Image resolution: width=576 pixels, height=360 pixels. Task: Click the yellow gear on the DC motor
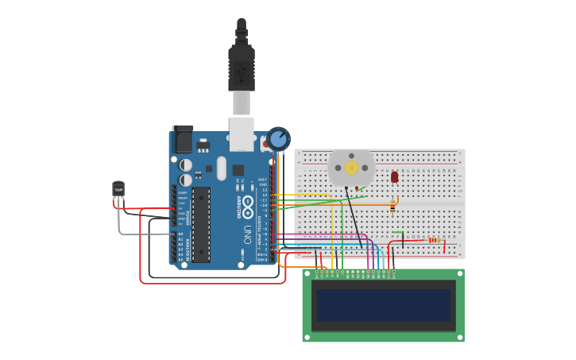tap(351, 168)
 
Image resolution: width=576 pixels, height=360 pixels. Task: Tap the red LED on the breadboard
tap(395, 177)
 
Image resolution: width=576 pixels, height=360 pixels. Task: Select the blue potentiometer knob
tap(278, 139)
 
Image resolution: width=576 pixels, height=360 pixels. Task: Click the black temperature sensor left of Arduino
tap(118, 189)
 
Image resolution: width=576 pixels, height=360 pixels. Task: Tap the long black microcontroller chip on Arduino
tap(201, 224)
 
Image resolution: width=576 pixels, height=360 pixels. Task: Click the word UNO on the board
tap(247, 234)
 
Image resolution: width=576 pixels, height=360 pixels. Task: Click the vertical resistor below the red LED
tap(392, 207)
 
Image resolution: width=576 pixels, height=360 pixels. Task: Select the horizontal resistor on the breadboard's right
tap(433, 240)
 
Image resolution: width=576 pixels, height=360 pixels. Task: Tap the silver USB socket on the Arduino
tap(242, 134)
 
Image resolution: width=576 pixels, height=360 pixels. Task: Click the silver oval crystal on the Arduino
tap(221, 168)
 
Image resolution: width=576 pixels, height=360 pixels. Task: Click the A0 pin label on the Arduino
tap(180, 234)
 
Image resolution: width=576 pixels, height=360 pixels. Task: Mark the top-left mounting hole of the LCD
tap(307, 273)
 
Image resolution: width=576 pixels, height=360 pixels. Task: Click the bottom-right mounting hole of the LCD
tap(459, 337)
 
